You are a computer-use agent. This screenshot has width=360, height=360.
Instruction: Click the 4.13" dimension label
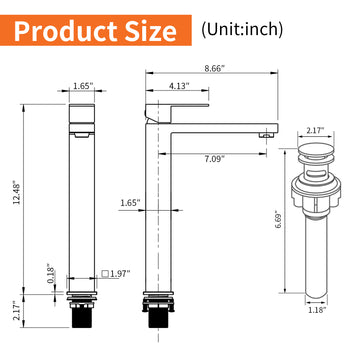coord(179,86)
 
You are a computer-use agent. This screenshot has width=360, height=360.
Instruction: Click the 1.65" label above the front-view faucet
coord(83,86)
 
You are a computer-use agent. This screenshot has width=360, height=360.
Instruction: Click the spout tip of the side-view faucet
coord(266,129)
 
